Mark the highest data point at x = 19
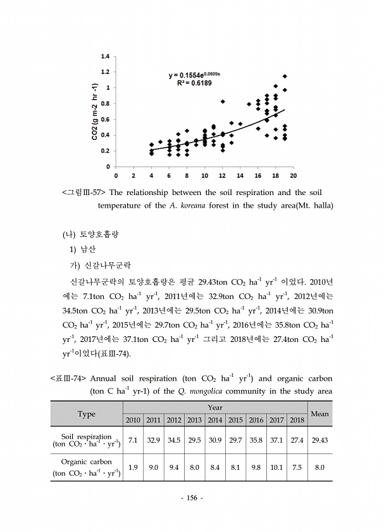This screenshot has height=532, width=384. (x=285, y=77)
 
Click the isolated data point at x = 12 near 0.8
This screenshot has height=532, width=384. (x=223, y=101)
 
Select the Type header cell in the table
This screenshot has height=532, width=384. (x=87, y=414)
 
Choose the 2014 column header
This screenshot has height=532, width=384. (x=215, y=420)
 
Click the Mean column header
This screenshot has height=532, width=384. (x=320, y=414)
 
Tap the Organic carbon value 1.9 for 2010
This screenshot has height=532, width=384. (x=133, y=467)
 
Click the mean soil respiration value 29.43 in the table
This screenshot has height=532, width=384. (x=320, y=440)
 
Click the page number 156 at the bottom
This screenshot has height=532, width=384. (x=192, y=498)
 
